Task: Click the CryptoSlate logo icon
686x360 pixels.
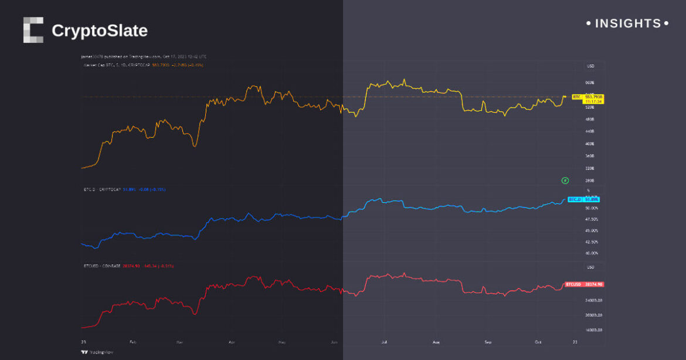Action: [33, 30]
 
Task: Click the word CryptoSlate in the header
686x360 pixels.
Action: [100, 30]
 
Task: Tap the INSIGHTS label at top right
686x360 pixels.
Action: [627, 23]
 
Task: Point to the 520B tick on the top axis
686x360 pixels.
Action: [590, 107]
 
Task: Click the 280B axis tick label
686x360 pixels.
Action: [590, 181]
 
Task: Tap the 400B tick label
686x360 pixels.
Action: [590, 144]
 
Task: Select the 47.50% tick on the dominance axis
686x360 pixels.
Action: [591, 219]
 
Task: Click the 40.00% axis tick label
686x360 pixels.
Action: [591, 253]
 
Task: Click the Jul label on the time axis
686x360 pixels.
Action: [384, 341]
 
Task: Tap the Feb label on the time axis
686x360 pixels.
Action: [133, 341]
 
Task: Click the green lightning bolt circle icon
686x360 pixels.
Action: [565, 181]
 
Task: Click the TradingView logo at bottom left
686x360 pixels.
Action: [97, 352]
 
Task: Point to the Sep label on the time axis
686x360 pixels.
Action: [488, 341]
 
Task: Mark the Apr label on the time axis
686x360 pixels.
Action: [232, 341]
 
